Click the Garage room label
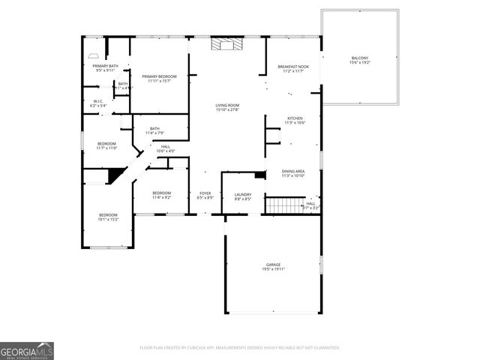click(273, 267)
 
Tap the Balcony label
click(360, 61)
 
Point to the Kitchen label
click(295, 121)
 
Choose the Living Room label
click(226, 108)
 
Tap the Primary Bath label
click(106, 68)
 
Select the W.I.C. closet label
click(98, 103)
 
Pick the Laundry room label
click(242, 196)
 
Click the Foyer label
click(205, 196)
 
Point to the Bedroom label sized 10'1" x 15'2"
click(108, 217)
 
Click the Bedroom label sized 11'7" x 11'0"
click(106, 145)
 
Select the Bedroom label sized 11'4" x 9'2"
click(162, 195)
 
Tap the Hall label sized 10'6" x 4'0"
click(165, 148)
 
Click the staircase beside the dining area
click(284, 205)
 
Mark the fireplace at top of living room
click(226, 44)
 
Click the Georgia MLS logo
click(26, 351)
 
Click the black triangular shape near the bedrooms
click(115, 175)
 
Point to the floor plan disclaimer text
click(240, 348)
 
